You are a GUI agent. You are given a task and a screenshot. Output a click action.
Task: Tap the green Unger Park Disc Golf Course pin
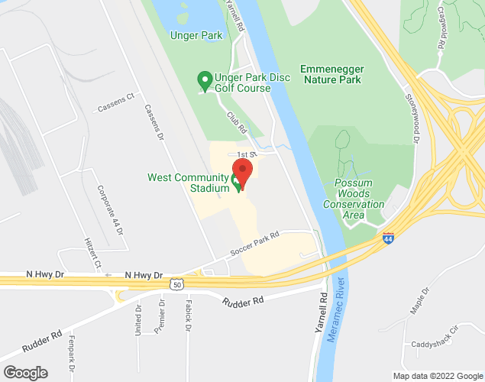click(x=205, y=79)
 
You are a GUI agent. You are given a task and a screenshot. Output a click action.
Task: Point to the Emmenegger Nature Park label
click(x=331, y=74)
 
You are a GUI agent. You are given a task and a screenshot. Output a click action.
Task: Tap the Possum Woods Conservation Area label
click(x=353, y=199)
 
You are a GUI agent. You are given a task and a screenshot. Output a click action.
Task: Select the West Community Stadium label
click(x=188, y=183)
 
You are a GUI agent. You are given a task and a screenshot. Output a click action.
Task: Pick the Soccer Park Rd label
click(x=256, y=244)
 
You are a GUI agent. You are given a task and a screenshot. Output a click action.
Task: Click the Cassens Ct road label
click(x=116, y=103)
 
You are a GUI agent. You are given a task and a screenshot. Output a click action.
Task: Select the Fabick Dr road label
click(x=187, y=316)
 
